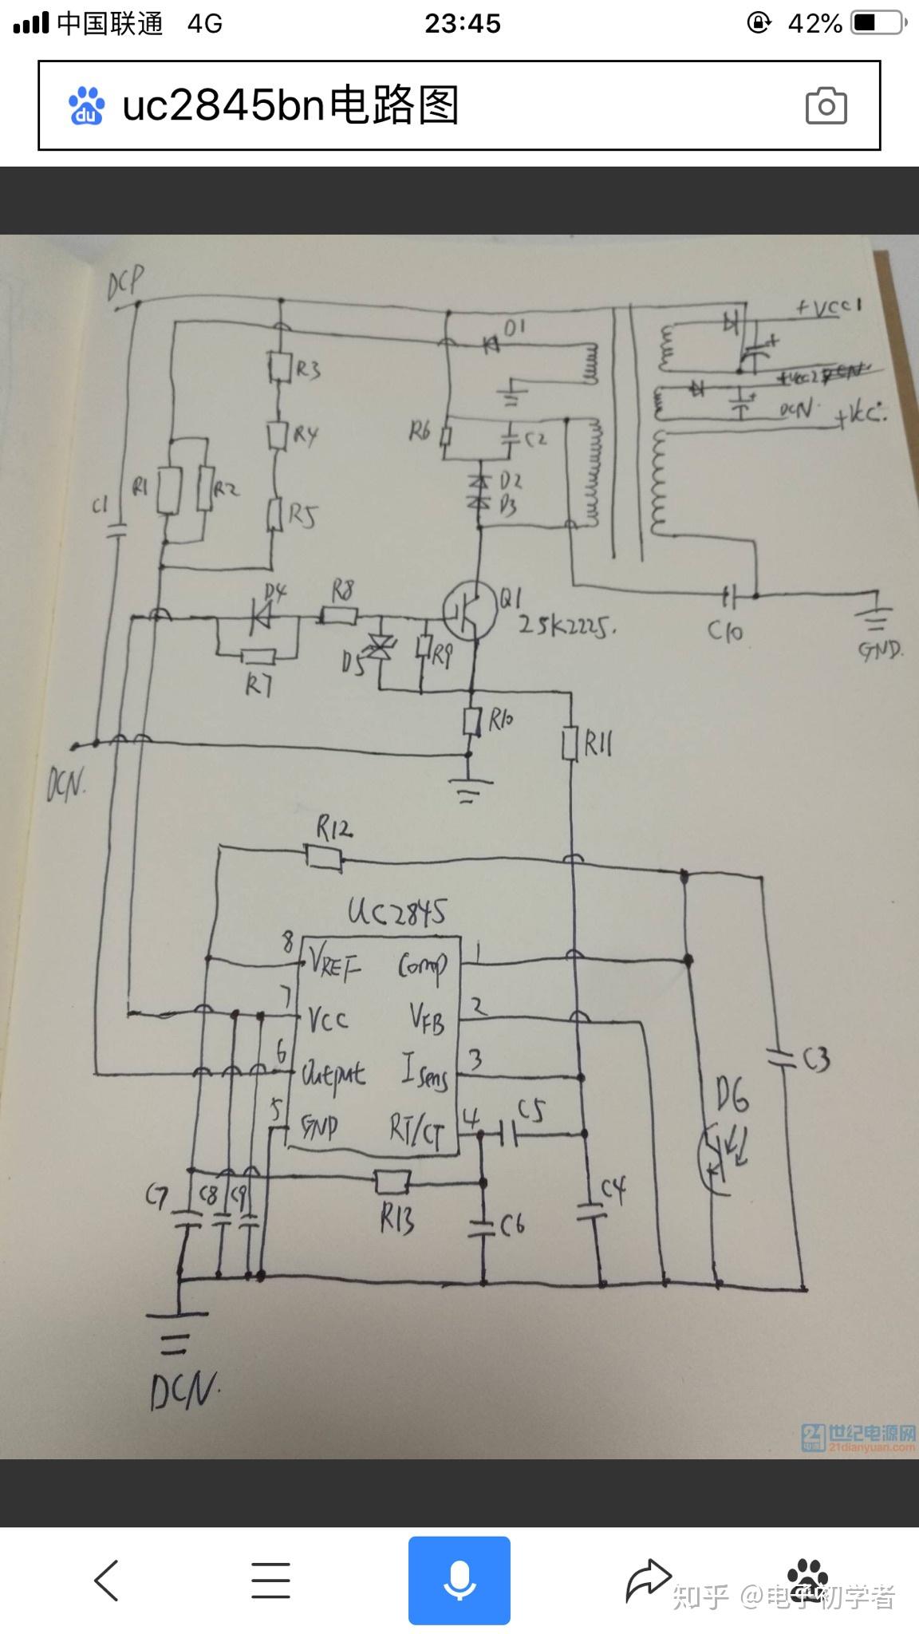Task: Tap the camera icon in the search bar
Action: [826, 106]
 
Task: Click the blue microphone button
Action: [459, 1580]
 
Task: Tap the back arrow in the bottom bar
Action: [106, 1580]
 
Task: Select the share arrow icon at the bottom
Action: [648, 1580]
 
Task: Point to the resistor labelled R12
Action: [325, 858]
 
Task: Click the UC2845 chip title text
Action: [396, 911]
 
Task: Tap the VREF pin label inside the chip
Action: [333, 966]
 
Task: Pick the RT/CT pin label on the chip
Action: [415, 1129]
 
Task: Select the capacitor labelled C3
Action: [781, 1060]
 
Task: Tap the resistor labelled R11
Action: [570, 744]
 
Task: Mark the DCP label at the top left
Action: [126, 282]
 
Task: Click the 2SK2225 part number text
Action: [567, 626]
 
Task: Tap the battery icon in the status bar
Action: [878, 23]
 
